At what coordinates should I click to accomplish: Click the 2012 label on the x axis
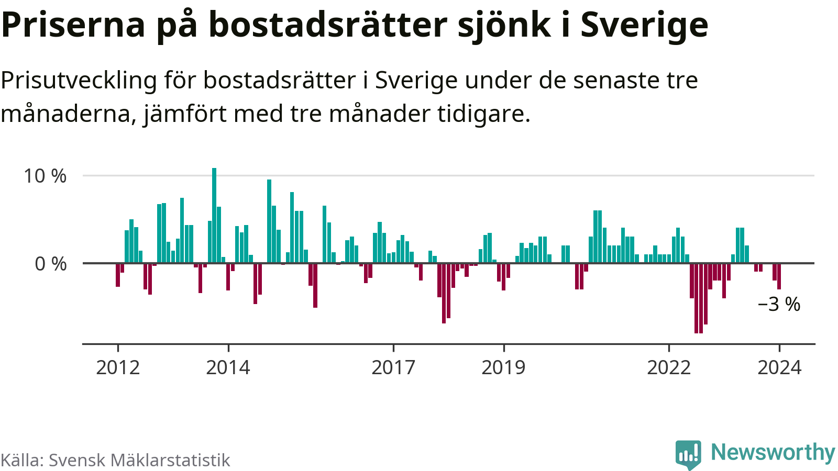[118, 367]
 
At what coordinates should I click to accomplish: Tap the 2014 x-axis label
[228, 367]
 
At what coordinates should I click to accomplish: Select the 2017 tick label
[393, 367]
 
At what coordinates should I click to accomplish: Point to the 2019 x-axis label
[503, 367]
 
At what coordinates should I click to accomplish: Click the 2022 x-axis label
[669, 367]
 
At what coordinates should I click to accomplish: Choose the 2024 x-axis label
[779, 367]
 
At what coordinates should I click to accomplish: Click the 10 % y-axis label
[45, 176]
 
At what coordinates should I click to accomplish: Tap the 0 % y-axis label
[51, 264]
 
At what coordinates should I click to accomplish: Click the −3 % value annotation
[779, 304]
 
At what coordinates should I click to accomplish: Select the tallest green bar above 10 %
[214, 215]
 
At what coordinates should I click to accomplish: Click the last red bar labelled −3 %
[779, 276]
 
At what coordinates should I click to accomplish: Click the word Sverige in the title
[644, 25]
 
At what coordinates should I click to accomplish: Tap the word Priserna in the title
[73, 25]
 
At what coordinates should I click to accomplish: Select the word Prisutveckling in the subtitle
[79, 81]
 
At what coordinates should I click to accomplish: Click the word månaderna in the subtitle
[68, 114]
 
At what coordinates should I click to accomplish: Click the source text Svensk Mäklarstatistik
[139, 460]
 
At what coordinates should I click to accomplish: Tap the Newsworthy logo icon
[688, 454]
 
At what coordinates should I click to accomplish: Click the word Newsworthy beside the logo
[773, 452]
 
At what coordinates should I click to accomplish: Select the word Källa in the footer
[21, 460]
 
